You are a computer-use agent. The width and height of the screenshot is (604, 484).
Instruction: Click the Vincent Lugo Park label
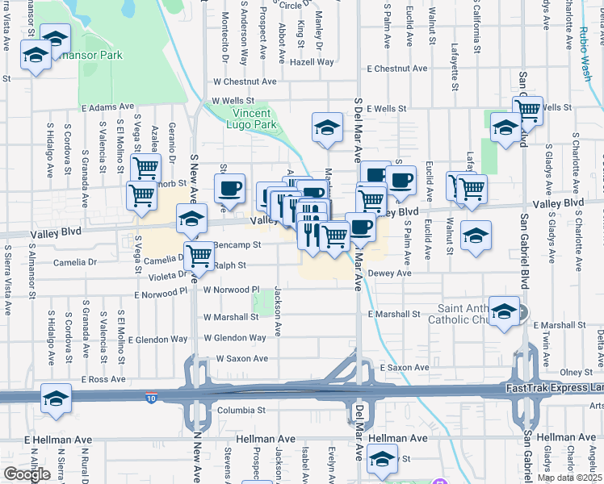tap(254, 119)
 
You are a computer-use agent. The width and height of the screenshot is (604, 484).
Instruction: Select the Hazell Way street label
tap(312, 62)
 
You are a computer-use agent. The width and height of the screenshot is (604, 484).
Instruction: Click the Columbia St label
tap(241, 410)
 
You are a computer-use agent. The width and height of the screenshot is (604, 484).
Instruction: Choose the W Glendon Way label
tap(235, 338)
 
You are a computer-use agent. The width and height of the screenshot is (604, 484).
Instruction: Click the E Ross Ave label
tap(103, 378)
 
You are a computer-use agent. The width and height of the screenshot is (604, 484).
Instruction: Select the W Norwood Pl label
tap(231, 289)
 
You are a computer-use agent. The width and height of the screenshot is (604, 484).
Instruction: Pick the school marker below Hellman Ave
tap(382, 458)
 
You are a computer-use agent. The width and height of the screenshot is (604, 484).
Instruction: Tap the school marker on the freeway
tap(56, 399)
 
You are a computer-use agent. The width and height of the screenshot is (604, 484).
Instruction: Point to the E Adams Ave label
tap(107, 106)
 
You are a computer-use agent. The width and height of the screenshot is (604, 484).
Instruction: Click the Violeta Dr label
tap(166, 273)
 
